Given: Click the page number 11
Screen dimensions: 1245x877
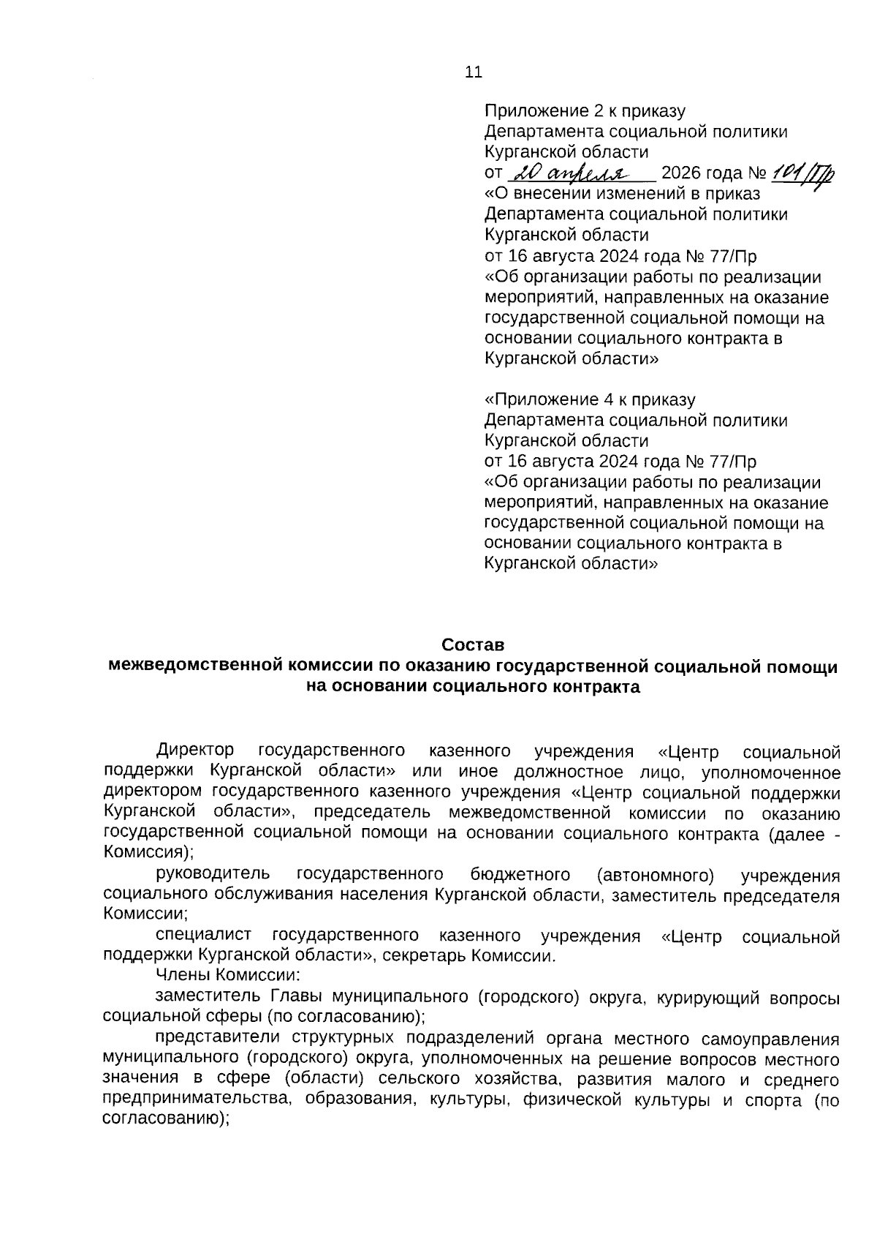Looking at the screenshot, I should (x=473, y=72).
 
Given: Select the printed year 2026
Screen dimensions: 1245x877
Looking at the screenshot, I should (x=680, y=174).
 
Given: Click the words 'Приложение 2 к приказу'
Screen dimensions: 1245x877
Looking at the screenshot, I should (x=585, y=111).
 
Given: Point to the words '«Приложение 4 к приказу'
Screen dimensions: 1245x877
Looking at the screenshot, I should (x=590, y=400).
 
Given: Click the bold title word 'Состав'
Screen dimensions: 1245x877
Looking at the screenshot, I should (x=473, y=645).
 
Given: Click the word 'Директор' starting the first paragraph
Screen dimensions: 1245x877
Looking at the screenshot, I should (x=195, y=751).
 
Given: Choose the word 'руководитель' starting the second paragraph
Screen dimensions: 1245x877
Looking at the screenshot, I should (x=213, y=874).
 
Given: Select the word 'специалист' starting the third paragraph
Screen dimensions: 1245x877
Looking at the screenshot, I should (x=203, y=936).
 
